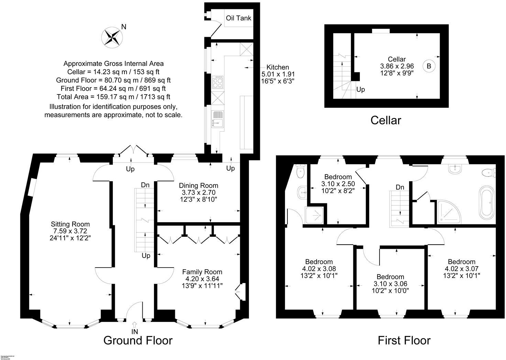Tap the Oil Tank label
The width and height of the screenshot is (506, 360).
[239, 18]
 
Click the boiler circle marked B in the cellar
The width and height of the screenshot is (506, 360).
[429, 66]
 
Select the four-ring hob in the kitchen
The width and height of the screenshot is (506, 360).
[218, 83]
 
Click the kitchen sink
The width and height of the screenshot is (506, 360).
[218, 119]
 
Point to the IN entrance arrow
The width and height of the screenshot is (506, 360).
[134, 324]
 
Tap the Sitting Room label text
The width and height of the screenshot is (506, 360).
[70, 224]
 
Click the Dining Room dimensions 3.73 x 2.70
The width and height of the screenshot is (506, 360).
[198, 192]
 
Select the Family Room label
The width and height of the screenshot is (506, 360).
[202, 272]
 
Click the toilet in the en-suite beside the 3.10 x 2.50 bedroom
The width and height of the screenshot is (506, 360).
[300, 171]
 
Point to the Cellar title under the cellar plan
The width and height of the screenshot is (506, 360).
[386, 120]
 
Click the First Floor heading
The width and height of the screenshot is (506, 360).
[404, 340]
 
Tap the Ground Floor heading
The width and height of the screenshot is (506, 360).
[138, 340]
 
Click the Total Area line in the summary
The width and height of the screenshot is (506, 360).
[113, 97]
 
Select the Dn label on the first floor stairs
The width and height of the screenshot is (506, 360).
[400, 187]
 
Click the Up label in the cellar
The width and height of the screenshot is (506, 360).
[361, 90]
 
